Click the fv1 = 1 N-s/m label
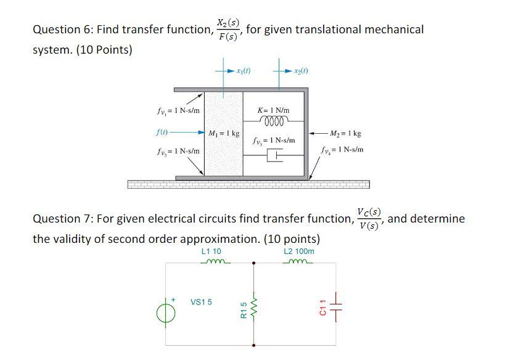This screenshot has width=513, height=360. pos(178,111)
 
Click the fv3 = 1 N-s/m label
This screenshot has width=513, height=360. pos(274,141)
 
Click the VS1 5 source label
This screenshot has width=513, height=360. pos(201,302)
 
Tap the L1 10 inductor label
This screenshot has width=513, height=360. pos(211,252)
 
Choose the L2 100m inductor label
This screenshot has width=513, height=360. pos(299,252)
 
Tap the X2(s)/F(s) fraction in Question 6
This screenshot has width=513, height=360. pos(228,28)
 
